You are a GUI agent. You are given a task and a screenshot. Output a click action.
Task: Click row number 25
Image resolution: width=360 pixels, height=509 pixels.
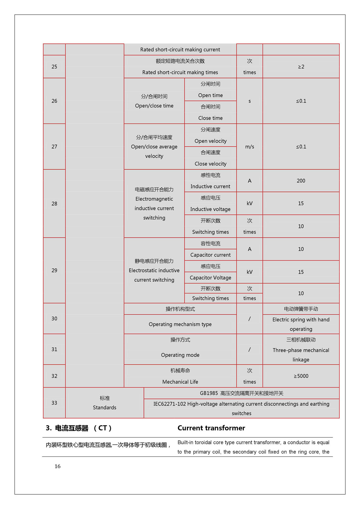tap(54, 67)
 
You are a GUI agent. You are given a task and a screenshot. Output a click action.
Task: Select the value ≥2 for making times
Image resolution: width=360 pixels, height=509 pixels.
tap(301, 67)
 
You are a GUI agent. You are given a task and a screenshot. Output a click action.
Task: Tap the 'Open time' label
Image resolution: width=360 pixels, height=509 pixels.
tap(210, 95)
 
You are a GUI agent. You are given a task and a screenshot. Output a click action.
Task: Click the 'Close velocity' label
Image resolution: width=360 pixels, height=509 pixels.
tap(210, 164)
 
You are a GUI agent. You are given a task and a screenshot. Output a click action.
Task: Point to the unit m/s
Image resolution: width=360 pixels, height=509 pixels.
tap(250, 147)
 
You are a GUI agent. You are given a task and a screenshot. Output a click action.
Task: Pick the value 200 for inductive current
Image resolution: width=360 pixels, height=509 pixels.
tap(301, 181)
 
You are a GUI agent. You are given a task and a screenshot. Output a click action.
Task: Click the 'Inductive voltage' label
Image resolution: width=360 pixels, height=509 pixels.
tap(210, 209)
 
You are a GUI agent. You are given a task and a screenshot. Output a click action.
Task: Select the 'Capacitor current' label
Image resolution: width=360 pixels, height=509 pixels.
tap(210, 255)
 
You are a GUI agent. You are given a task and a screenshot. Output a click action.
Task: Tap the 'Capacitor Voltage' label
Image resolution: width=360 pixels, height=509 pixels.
tap(210, 278)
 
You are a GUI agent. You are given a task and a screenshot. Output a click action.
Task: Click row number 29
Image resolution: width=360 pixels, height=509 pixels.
tap(54, 270)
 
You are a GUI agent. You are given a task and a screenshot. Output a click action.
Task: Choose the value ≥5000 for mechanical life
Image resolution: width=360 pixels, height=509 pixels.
tap(301, 376)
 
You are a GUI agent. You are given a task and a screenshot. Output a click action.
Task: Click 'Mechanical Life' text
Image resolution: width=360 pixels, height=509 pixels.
tap(180, 382)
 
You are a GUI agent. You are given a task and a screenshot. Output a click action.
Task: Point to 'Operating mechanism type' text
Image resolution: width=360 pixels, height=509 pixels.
tap(180, 324)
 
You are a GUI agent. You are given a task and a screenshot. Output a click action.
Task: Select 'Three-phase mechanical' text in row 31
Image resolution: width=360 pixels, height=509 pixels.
tap(301, 350)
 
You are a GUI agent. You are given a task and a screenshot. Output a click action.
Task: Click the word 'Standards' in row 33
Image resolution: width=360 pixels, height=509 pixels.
tap(104, 408)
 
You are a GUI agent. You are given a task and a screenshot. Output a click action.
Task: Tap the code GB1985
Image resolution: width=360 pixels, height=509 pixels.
tap(209, 393)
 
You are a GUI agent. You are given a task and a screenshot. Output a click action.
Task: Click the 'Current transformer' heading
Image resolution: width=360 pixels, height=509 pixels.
tap(211, 428)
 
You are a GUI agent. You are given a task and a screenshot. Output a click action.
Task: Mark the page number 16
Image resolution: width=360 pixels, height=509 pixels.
tap(58, 466)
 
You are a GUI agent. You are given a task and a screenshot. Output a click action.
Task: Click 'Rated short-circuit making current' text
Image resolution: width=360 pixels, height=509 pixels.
tap(180, 49)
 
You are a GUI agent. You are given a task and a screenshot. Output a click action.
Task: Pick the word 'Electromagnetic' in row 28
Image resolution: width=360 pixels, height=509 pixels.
tap(154, 199)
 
